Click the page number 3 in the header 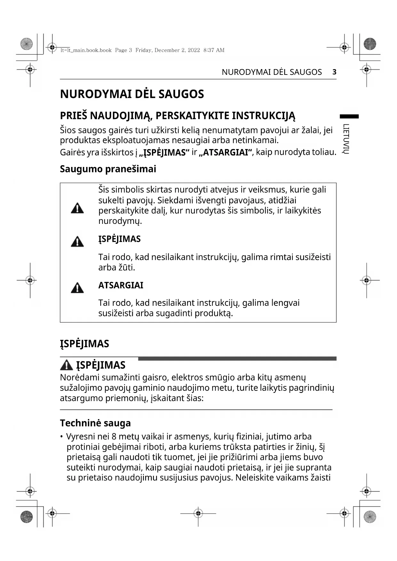(334, 72)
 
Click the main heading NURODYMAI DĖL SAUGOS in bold (132, 94)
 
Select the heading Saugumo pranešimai (108, 169)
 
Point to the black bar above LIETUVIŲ (349, 116)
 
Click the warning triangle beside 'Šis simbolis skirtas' (77, 208)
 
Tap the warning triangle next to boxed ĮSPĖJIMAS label (77, 242)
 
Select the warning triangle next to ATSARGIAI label (77, 288)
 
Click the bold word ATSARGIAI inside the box (121, 285)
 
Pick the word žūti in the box (127, 267)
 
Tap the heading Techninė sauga (95, 423)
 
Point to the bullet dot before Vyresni (61, 437)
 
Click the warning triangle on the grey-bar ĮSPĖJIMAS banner (66, 365)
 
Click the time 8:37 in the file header (209, 50)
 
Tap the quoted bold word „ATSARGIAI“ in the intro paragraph (226, 152)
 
